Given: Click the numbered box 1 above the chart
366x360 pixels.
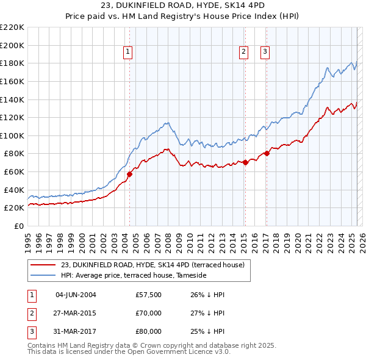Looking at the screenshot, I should click(128, 52).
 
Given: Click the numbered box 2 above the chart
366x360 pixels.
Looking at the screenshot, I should click(243, 52).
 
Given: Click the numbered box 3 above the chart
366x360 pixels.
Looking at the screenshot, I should click(265, 52).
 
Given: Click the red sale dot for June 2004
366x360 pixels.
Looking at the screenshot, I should click(129, 174).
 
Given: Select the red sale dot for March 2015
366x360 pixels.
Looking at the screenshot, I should click(245, 162).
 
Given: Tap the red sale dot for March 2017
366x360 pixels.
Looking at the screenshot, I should click(267, 153).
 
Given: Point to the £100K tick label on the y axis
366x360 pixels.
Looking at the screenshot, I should click(12, 135).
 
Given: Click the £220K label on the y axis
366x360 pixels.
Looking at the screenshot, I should click(12, 27).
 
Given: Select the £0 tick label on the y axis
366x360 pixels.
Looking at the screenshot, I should click(18, 226).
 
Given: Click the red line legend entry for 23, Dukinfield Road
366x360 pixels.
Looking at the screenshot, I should click(152, 265).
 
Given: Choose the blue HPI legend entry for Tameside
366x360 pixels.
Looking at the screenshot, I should click(134, 276).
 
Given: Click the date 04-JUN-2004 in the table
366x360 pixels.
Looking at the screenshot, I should click(76, 295).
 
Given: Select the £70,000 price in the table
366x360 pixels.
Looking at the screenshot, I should click(149, 313).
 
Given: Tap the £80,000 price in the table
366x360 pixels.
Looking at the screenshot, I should click(149, 331).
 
